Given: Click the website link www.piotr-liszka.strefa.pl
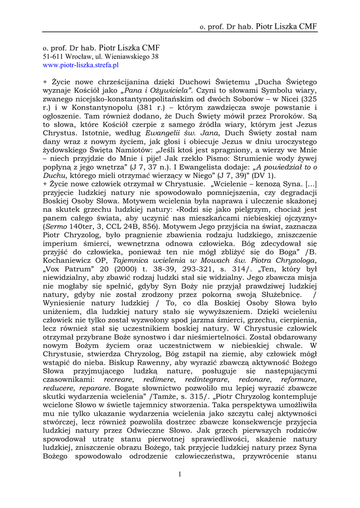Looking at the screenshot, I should coord(81,65).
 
